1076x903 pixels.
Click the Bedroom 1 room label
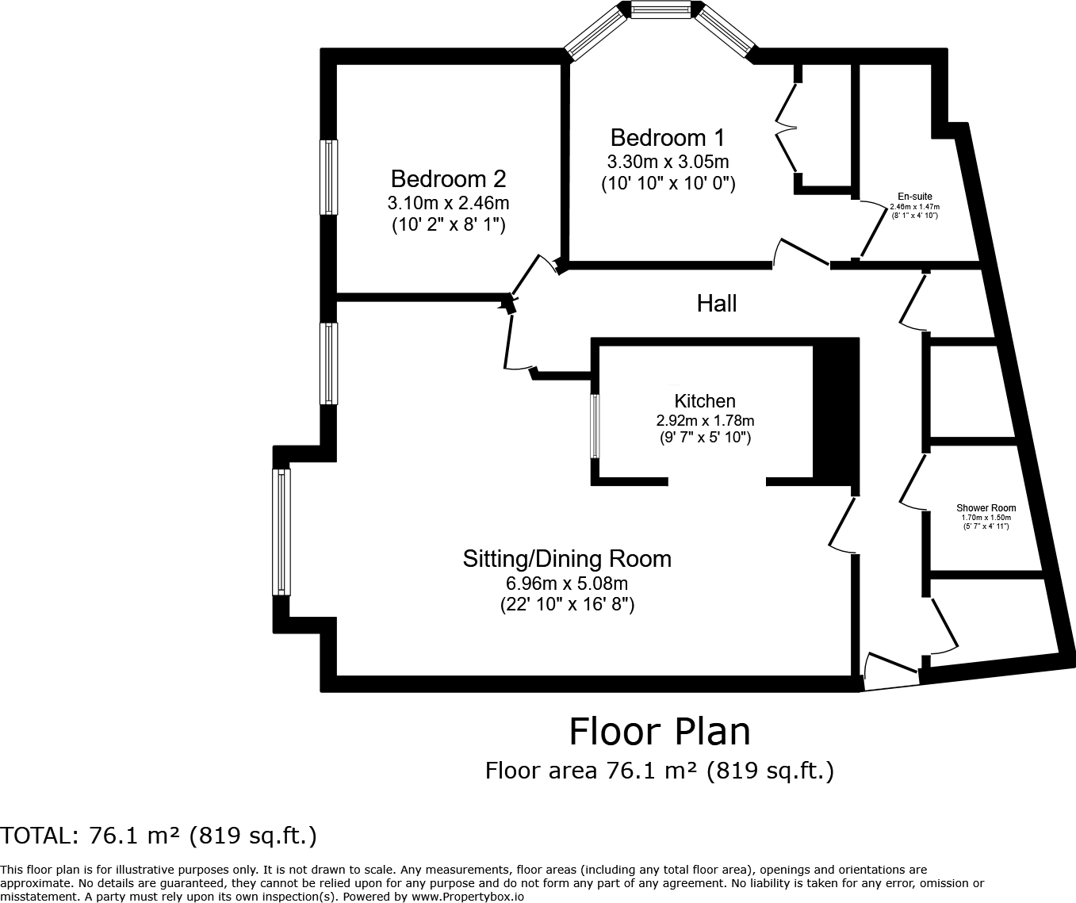click(667, 138)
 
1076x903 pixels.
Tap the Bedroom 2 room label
click(448, 178)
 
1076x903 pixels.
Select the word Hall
click(716, 303)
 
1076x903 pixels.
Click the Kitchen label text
click(705, 401)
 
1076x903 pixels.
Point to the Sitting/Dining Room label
click(567, 559)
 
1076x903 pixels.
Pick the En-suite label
click(914, 197)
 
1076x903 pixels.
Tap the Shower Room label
click(986, 508)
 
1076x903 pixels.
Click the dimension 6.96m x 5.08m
click(567, 584)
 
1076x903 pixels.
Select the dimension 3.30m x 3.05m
click(668, 162)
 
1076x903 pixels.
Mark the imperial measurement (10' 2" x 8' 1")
click(448, 225)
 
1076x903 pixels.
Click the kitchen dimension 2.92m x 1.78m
click(705, 420)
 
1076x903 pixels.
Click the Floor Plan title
click(659, 731)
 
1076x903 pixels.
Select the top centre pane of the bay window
click(661, 10)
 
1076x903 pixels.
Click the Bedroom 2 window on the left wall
click(328, 177)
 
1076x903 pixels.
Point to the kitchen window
click(595, 426)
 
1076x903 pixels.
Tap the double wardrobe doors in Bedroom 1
click(787, 127)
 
